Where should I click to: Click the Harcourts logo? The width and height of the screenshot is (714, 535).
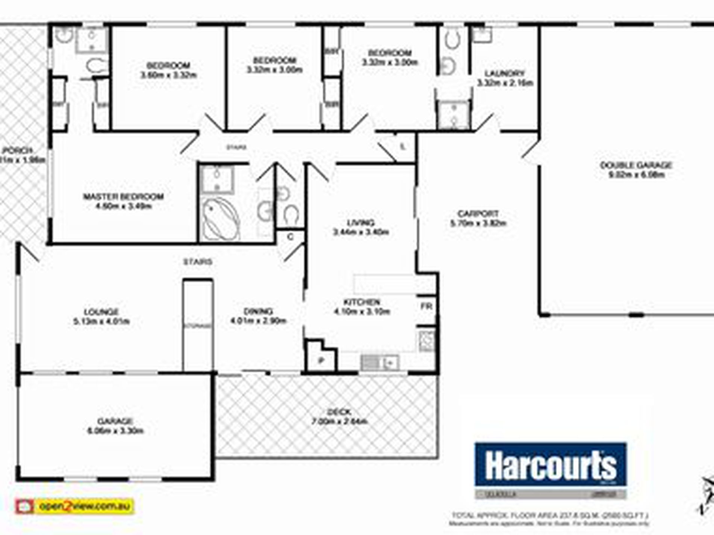point(550,466)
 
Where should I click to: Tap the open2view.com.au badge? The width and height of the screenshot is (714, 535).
point(74,506)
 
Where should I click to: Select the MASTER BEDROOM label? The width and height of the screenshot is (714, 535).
point(123,197)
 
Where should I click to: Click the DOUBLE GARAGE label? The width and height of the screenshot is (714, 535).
point(636,165)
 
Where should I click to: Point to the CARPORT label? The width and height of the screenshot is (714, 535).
point(478,214)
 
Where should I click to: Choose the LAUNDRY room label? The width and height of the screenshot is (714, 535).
point(504,73)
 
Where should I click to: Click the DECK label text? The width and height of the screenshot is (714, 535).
point(339,412)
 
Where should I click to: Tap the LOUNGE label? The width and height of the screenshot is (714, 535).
point(101,312)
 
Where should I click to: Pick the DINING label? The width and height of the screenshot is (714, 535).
point(258,311)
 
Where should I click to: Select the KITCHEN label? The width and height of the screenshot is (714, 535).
point(362,302)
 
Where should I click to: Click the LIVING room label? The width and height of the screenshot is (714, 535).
point(361,223)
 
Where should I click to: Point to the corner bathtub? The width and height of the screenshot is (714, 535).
point(220,220)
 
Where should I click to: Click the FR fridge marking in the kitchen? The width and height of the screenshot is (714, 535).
point(427,306)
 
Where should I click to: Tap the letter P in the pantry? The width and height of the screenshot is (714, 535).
point(321,361)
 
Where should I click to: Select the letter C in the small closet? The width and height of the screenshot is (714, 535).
point(290,237)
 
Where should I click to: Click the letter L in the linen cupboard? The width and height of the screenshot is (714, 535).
point(402,146)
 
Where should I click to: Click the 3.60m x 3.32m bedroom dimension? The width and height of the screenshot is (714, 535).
point(169,75)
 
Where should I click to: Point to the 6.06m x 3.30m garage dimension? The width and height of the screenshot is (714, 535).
point(115,431)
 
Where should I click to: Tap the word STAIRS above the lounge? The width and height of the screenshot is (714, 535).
point(198,262)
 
